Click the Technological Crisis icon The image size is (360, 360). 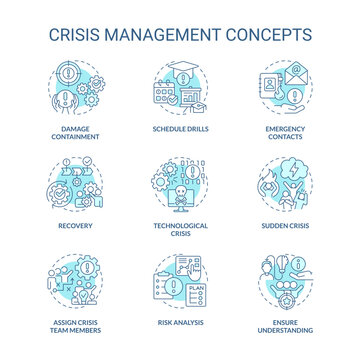[180, 180]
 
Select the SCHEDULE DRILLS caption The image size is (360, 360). [180, 130]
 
